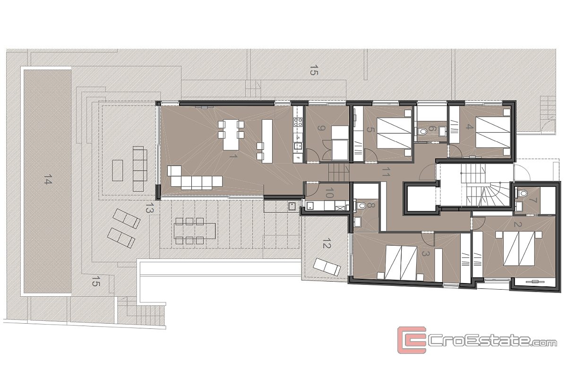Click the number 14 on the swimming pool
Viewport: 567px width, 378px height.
(48, 179)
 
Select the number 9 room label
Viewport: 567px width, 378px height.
(321, 128)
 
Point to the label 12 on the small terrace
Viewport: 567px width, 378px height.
(327, 245)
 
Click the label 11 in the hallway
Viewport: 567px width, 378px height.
(386, 172)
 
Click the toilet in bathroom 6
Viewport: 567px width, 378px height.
(421, 132)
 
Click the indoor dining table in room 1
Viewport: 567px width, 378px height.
(231, 135)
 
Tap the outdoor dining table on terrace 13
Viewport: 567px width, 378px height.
(195, 231)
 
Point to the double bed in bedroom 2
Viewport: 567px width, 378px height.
(519, 249)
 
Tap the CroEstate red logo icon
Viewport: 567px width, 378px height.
(412, 340)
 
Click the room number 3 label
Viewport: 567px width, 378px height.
(426, 254)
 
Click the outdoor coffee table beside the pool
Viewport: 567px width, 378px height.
(118, 170)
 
